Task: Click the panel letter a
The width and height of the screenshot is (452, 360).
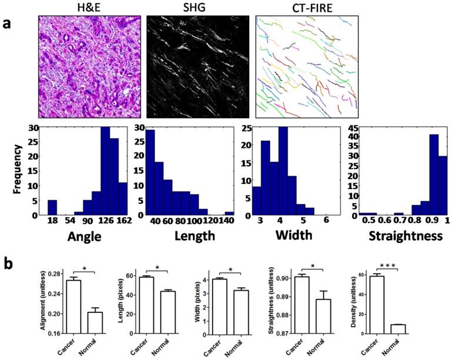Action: click(x=8, y=25)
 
